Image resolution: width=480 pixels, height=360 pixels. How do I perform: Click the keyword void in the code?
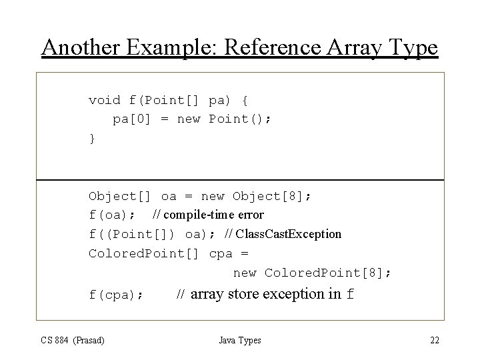tap(105, 101)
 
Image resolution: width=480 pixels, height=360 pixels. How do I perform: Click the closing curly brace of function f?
tap(92, 139)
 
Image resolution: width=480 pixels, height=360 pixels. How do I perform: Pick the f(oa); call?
tap(113, 215)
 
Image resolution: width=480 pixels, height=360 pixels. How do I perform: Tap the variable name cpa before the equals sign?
tap(221, 253)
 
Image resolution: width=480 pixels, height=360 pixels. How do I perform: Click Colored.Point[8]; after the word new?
tap(328, 273)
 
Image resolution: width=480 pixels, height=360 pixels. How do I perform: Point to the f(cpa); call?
tap(116, 295)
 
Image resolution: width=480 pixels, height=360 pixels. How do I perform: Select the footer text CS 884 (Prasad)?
tap(73, 341)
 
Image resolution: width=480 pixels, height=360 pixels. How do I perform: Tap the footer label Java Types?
tap(240, 341)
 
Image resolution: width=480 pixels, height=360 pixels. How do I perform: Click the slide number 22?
tap(434, 341)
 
